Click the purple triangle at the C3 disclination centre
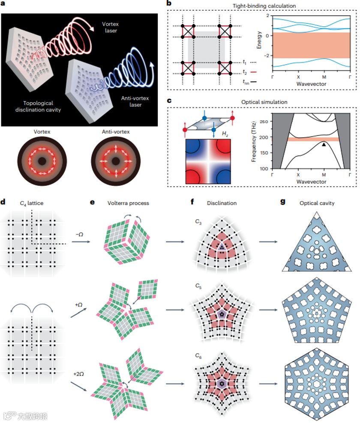[222, 247]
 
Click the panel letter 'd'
[4, 203]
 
